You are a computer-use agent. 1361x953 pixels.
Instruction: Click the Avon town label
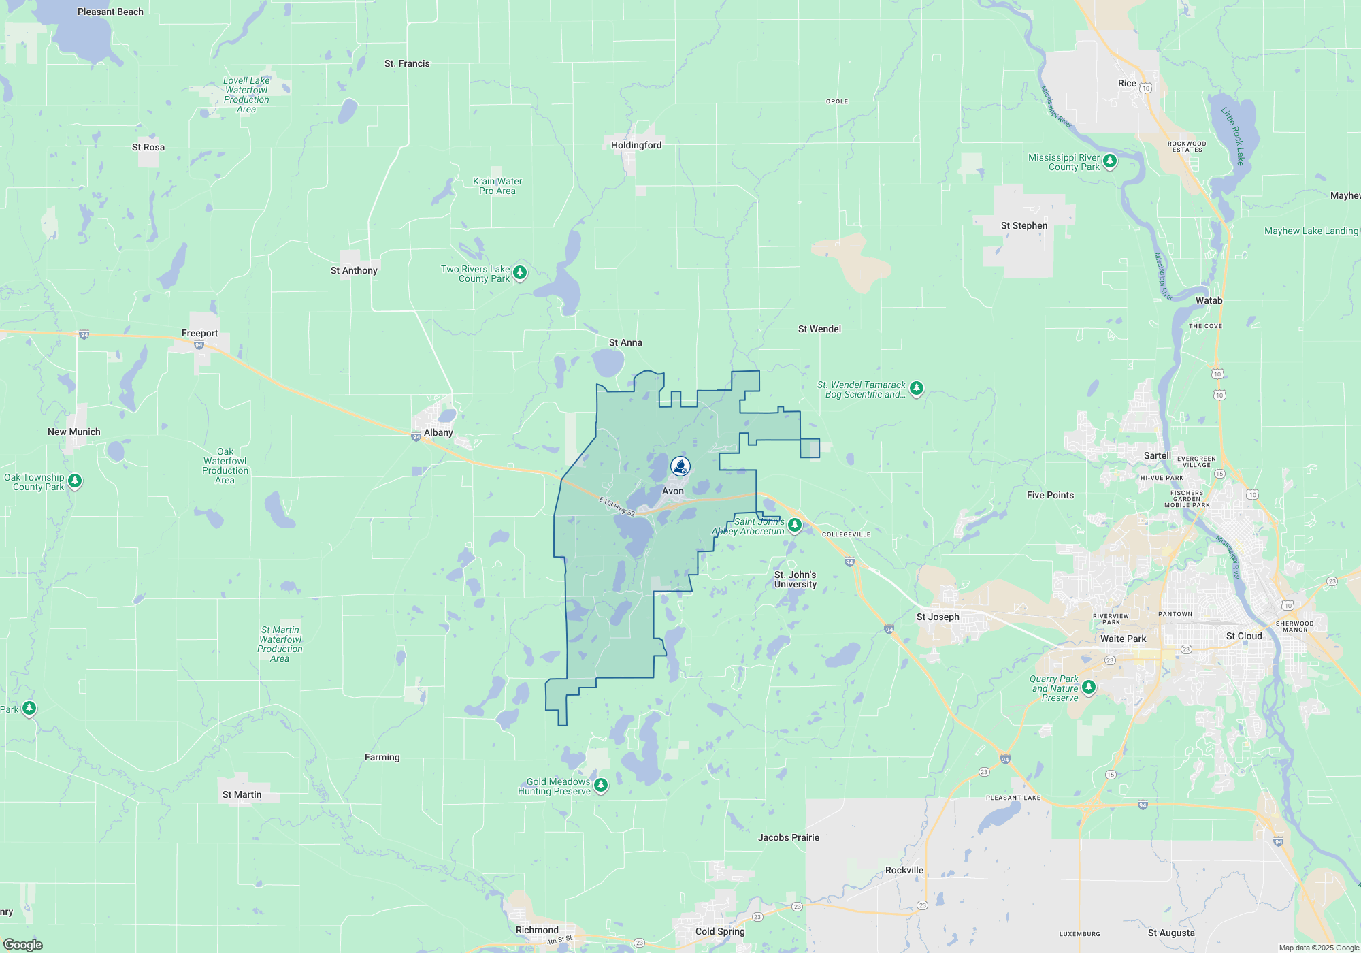pyautogui.click(x=672, y=491)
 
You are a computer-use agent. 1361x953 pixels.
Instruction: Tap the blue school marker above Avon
pyautogui.click(x=680, y=466)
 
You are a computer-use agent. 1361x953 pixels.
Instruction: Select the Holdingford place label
pyautogui.click(x=636, y=145)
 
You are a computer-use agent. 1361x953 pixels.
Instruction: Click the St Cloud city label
pyautogui.click(x=1243, y=636)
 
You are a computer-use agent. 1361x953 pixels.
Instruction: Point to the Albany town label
pyautogui.click(x=438, y=432)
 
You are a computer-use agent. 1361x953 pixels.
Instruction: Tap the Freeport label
pyautogui.click(x=199, y=333)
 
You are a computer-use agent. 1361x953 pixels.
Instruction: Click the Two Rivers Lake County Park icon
pyautogui.click(x=520, y=273)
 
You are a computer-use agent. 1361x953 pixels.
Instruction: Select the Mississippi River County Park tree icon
pyautogui.click(x=1110, y=161)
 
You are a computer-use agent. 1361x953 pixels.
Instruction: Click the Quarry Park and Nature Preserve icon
pyautogui.click(x=1089, y=687)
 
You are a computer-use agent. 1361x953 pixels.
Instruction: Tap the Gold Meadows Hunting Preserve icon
pyautogui.click(x=601, y=786)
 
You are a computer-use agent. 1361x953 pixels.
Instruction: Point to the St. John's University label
pyautogui.click(x=795, y=579)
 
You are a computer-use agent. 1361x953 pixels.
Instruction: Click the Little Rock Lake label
pyautogui.click(x=1232, y=136)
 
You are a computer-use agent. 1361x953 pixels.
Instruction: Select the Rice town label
pyautogui.click(x=1127, y=83)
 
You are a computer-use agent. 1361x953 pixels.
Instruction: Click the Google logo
pyautogui.click(x=23, y=945)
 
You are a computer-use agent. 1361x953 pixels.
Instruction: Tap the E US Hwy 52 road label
pyautogui.click(x=617, y=506)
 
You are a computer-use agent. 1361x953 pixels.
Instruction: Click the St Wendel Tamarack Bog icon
pyautogui.click(x=917, y=389)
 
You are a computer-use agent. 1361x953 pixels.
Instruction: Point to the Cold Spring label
pyautogui.click(x=720, y=931)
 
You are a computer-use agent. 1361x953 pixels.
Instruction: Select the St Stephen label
pyautogui.click(x=1023, y=225)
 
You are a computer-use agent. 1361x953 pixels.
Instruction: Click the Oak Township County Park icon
pyautogui.click(x=75, y=481)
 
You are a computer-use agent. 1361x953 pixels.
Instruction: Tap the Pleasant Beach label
pyautogui.click(x=110, y=12)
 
